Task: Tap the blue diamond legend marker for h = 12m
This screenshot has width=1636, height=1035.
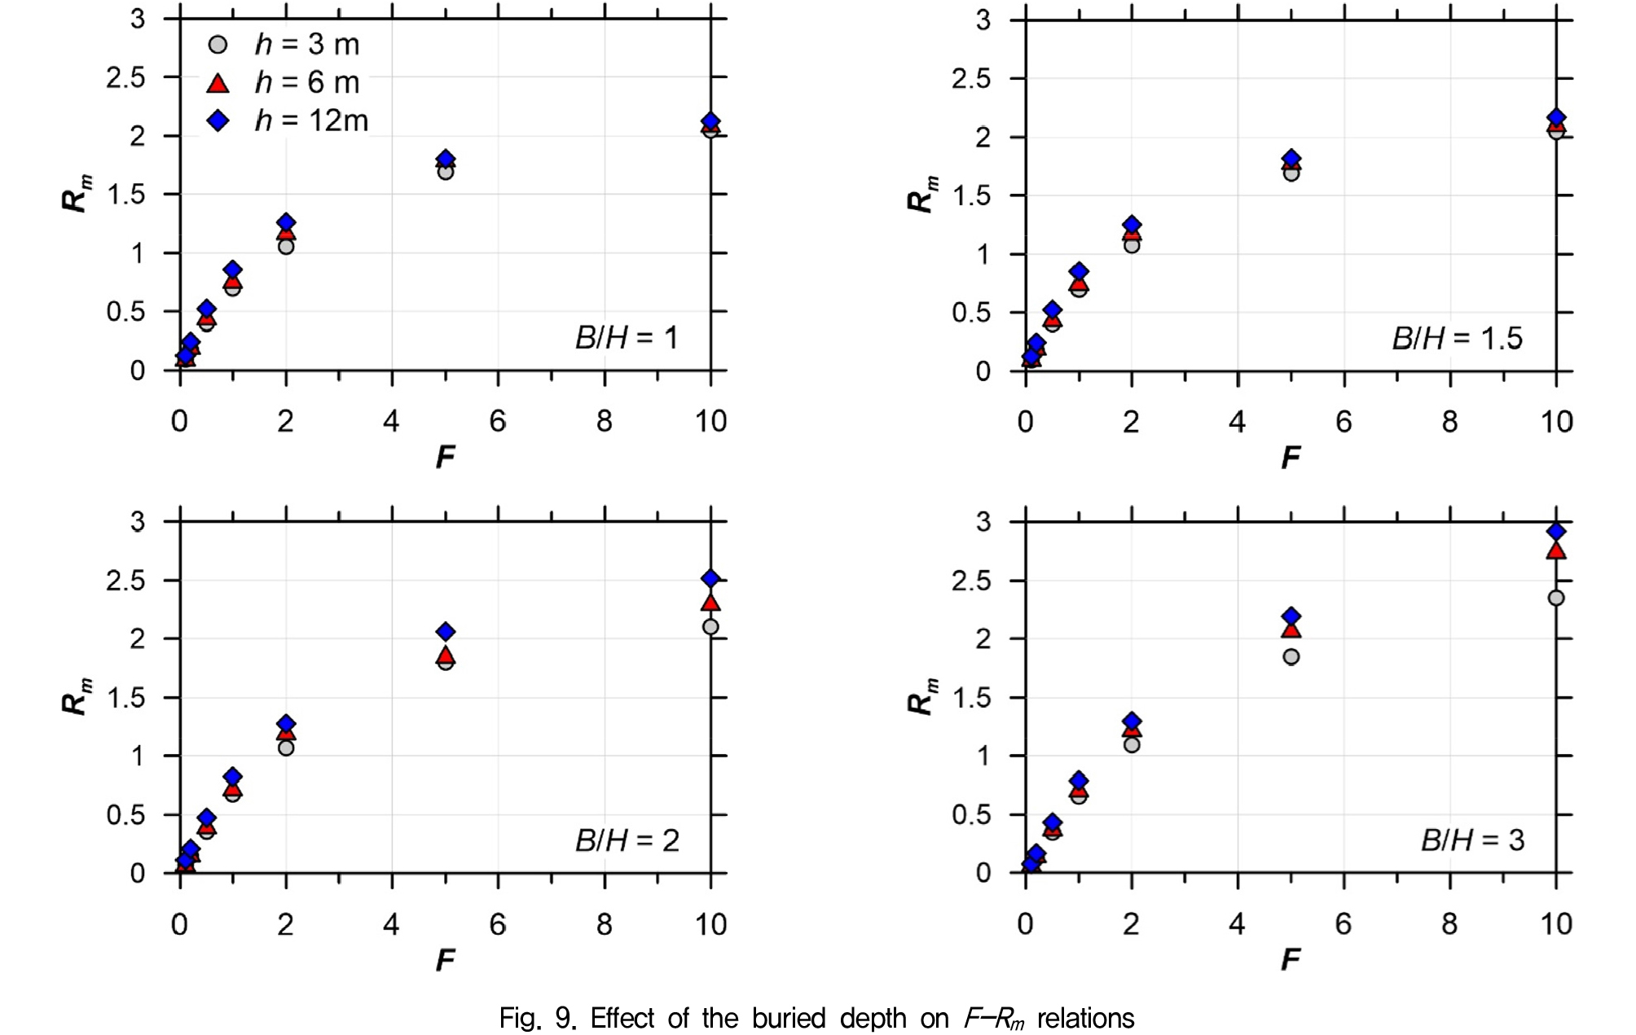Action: (x=218, y=121)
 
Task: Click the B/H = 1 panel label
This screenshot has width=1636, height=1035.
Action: (x=627, y=337)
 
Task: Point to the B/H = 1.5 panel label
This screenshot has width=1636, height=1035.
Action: (x=1457, y=338)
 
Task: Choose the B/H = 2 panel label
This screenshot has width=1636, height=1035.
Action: (x=627, y=840)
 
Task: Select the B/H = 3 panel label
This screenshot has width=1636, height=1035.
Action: (x=1472, y=840)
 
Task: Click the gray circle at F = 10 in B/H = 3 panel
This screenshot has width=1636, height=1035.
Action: (x=1555, y=598)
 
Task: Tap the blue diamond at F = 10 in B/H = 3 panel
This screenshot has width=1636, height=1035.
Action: (x=1555, y=531)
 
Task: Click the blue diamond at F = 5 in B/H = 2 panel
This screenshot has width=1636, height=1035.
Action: (x=446, y=631)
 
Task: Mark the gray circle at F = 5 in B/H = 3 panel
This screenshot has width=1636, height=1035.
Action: (x=1291, y=656)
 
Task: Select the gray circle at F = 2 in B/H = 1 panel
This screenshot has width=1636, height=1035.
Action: (x=286, y=246)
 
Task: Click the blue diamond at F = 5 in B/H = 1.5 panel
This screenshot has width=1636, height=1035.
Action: (x=1291, y=159)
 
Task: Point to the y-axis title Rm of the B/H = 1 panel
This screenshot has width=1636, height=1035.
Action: (x=77, y=194)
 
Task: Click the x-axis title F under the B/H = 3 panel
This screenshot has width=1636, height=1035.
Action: (x=1291, y=960)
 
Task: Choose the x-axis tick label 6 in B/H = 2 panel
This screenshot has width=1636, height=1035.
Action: (x=498, y=924)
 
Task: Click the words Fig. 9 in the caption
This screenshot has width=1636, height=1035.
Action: (x=538, y=1018)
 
